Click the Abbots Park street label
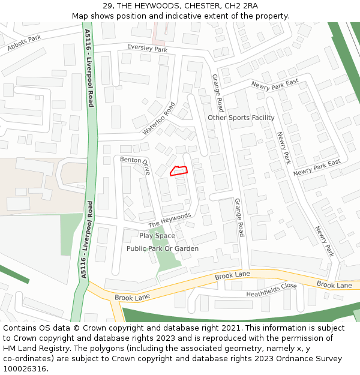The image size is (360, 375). point(25,43)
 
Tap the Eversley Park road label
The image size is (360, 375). point(147,49)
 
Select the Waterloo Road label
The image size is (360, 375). point(158,118)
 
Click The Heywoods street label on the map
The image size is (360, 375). point(169,220)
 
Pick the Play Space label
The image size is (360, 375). point(157,236)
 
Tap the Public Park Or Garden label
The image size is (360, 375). point(162,248)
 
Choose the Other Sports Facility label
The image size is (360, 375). point(241,118)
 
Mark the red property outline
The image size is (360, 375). point(179,170)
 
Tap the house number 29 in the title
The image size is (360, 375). point(116,6)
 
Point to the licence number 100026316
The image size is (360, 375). point(26,369)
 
